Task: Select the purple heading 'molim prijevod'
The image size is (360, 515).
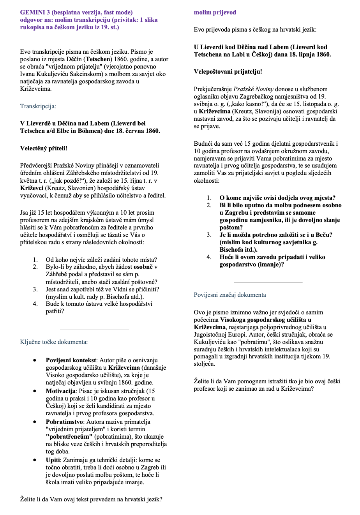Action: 215,12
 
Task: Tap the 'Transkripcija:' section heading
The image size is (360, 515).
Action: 38,106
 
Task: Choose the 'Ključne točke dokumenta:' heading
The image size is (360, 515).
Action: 54,342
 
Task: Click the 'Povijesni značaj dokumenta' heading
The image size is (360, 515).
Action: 230,295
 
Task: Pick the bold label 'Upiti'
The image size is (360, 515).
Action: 53,460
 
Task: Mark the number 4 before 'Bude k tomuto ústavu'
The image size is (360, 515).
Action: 35,304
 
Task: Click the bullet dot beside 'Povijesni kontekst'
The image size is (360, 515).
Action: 35,360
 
